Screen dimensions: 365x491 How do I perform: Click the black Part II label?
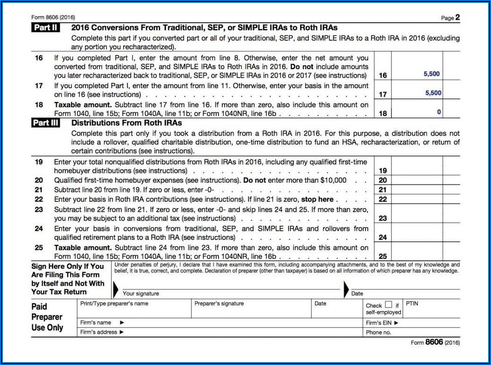(x=45, y=27)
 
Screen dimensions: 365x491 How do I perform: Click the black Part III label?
(x=45, y=123)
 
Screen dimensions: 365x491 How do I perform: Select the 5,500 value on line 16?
(x=431, y=74)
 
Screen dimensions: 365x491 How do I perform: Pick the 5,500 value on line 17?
(x=433, y=93)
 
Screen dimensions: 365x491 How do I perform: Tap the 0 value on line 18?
(x=439, y=112)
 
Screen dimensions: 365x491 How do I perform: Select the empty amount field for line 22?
(x=417, y=199)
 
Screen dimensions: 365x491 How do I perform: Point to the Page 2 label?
(x=450, y=18)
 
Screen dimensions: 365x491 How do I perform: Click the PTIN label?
(x=412, y=303)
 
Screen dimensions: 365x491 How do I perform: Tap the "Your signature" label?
(x=141, y=294)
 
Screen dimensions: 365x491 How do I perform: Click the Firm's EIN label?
(x=382, y=323)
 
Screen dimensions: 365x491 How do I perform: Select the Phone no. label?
(x=378, y=332)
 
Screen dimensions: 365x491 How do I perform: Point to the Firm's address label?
(x=102, y=332)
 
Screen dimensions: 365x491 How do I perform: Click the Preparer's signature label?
(x=219, y=303)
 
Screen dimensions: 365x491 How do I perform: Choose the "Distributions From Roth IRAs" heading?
(x=127, y=123)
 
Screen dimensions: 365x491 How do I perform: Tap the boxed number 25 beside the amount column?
(x=383, y=256)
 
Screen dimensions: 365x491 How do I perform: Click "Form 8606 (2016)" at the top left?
(x=53, y=18)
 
